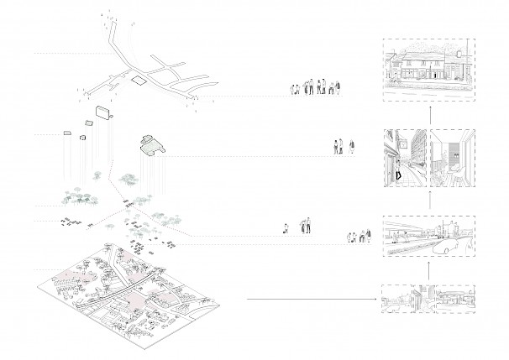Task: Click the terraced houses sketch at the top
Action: tap(428, 69)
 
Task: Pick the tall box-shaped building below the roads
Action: tap(104, 112)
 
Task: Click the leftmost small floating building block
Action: tap(66, 133)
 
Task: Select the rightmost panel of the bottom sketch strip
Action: tap(454, 298)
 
